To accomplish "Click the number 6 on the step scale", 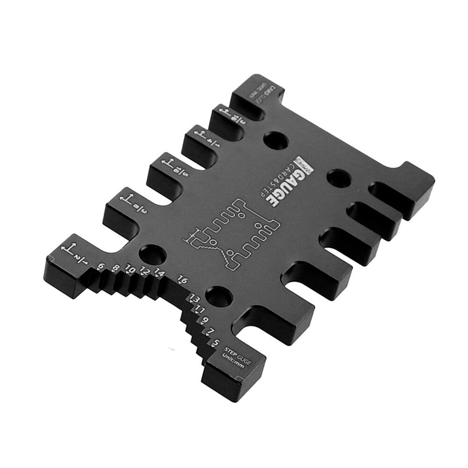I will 100,267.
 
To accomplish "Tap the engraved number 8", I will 116,268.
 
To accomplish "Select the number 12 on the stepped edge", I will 145,271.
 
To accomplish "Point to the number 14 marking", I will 159,274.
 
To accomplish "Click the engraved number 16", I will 182,280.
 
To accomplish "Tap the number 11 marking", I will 200,309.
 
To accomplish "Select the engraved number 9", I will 205,320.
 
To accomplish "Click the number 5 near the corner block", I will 215,343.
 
